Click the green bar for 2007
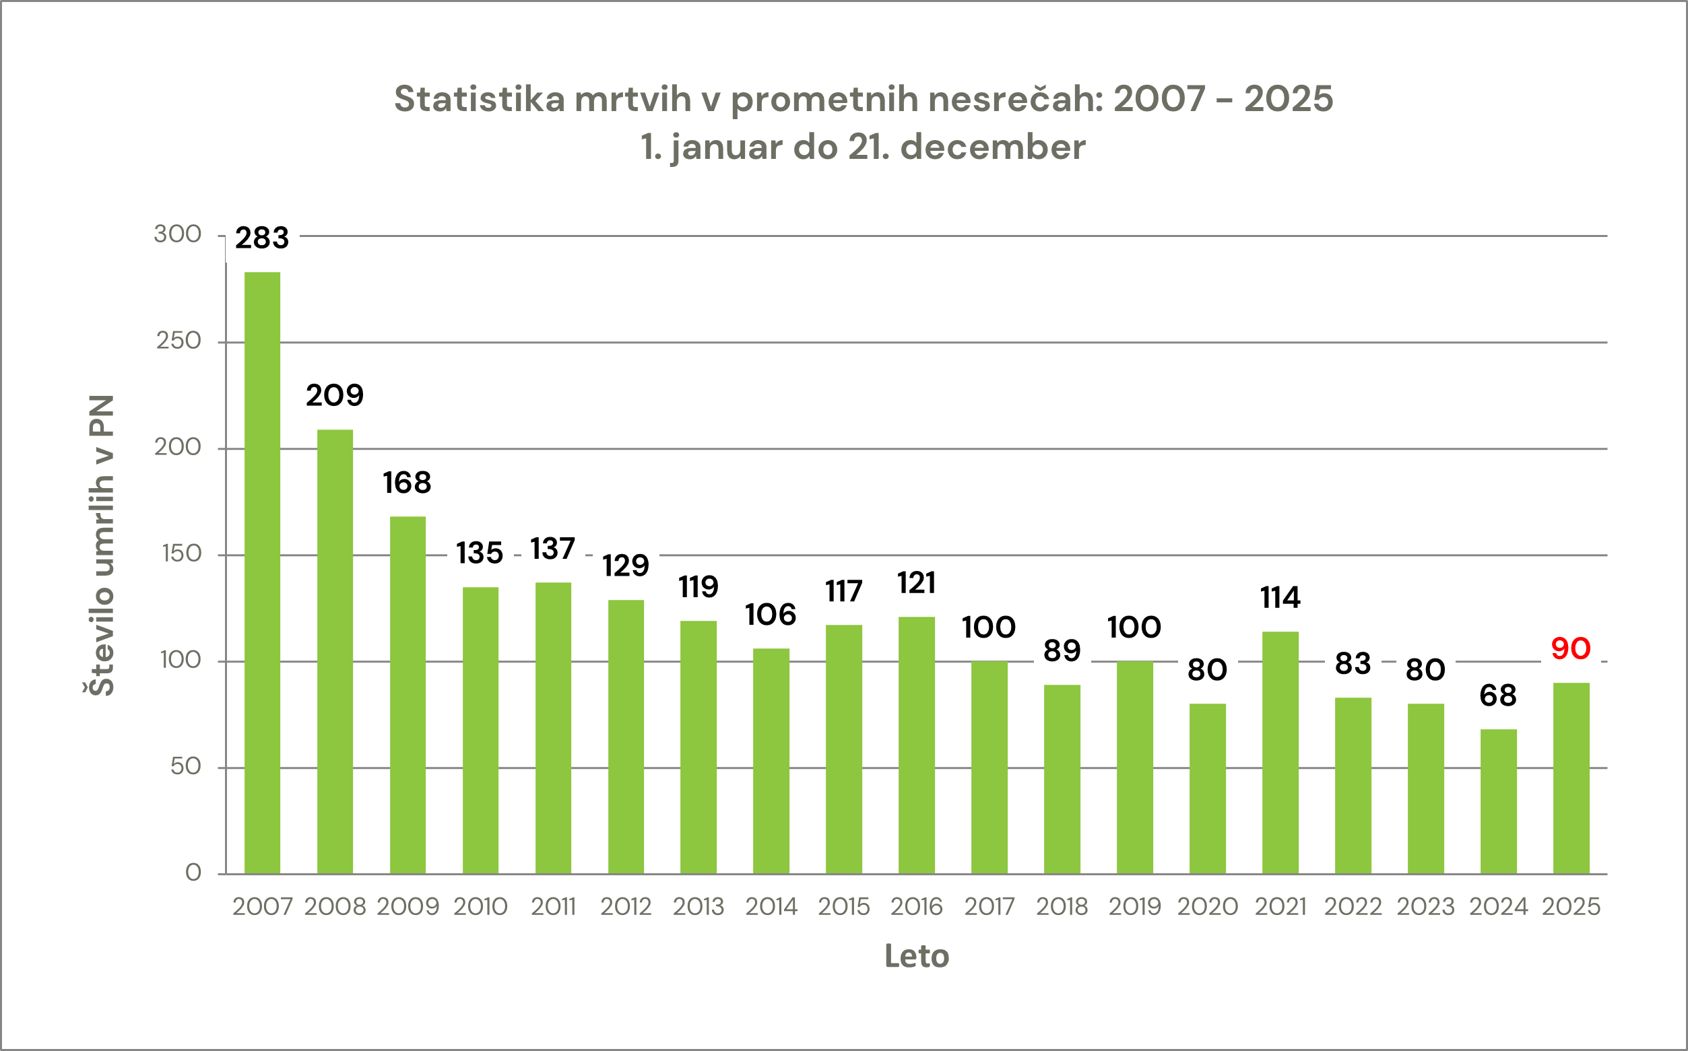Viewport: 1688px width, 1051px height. pos(262,573)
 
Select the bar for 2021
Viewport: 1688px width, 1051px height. pos(1280,752)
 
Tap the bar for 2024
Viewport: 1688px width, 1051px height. pos(1498,801)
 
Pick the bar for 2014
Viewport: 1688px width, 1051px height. pos(771,760)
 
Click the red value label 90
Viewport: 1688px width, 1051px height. pos(1571,648)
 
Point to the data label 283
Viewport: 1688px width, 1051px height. pos(262,238)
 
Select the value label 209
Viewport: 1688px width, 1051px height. pos(334,395)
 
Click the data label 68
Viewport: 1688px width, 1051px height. pos(1497,695)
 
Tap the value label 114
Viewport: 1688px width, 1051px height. pos(1280,598)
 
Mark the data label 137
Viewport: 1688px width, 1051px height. pos(553,549)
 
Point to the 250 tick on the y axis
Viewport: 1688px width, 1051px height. pos(178,341)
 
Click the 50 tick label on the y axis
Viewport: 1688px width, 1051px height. pos(186,766)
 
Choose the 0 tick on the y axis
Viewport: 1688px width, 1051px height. pos(193,873)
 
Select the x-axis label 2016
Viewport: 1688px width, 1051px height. pos(916,906)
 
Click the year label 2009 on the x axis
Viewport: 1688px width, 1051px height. pos(408,906)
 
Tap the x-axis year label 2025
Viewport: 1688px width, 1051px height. pos(1571,906)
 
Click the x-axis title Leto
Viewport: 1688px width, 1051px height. pos(916,957)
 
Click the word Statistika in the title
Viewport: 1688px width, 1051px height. pos(480,99)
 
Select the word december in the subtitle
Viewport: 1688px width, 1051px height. pos(993,147)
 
